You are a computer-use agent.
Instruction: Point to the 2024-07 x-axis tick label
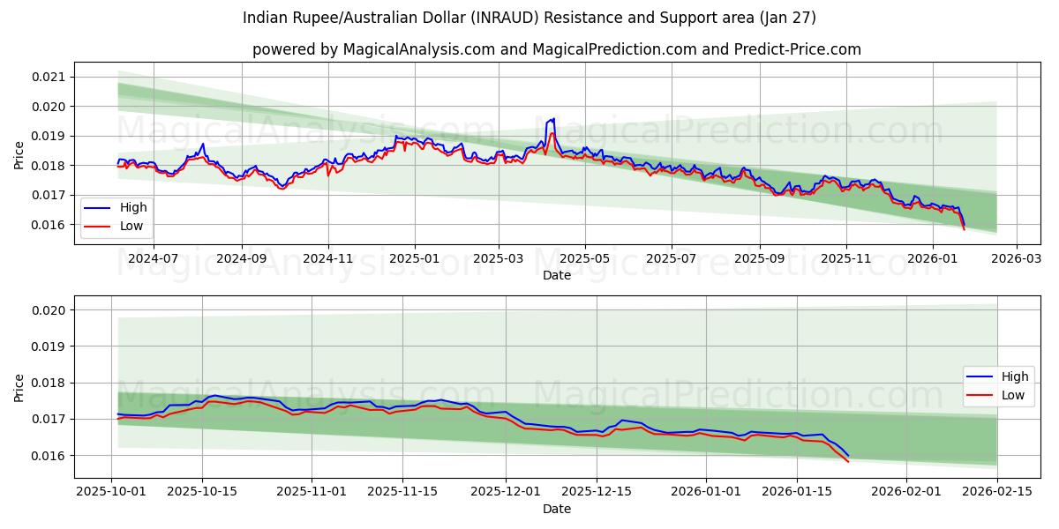click(x=153, y=258)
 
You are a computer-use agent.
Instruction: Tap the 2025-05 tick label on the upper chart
click(x=584, y=258)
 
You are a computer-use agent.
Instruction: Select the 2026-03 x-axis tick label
click(x=1016, y=258)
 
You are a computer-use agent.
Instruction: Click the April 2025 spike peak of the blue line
click(x=553, y=118)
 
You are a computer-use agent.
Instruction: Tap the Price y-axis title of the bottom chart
click(x=19, y=387)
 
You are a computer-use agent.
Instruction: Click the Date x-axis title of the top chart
click(x=556, y=275)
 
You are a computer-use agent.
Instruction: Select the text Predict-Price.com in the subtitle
click(x=798, y=49)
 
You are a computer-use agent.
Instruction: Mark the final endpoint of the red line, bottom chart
click(x=848, y=461)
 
